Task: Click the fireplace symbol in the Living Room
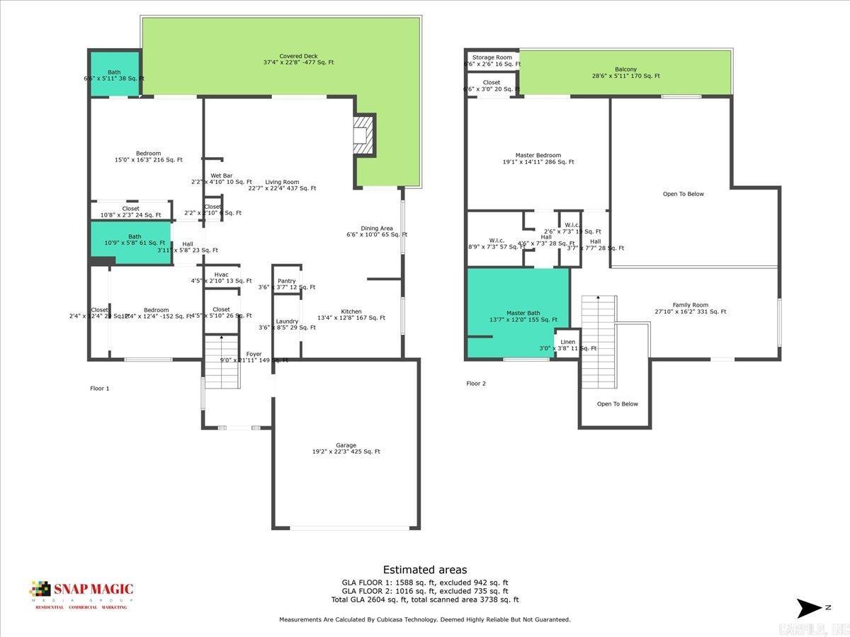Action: coord(363,134)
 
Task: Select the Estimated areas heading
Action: coord(424,570)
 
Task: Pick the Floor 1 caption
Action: coord(100,389)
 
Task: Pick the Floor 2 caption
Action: coord(476,384)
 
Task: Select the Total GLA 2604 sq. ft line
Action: coord(424,599)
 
